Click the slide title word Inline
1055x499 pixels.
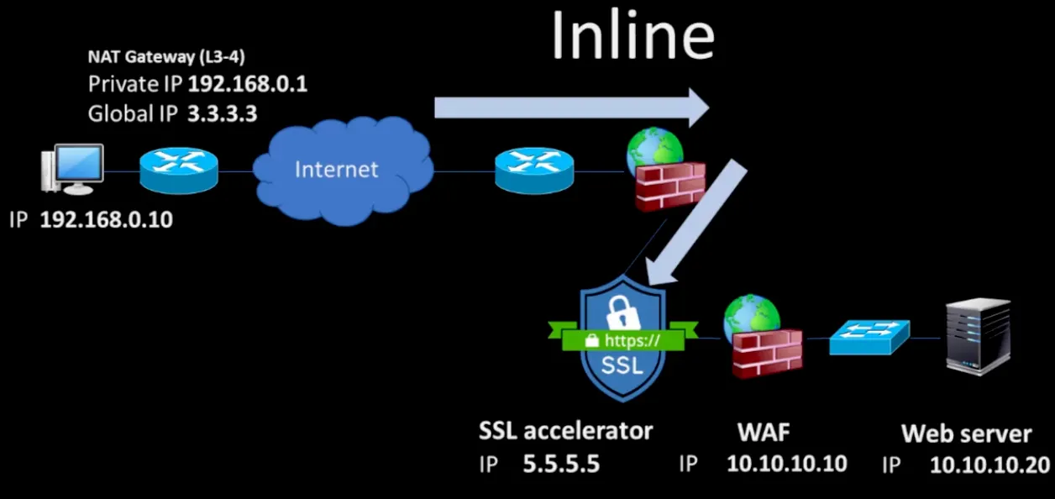[632, 36]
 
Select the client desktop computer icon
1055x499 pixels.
[74, 170]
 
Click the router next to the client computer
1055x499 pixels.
[178, 171]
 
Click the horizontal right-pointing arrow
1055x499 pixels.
[571, 107]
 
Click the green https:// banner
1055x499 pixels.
[622, 340]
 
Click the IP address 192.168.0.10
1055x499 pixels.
[106, 221]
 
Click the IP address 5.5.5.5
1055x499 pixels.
[561, 464]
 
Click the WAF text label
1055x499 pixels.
[764, 432]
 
